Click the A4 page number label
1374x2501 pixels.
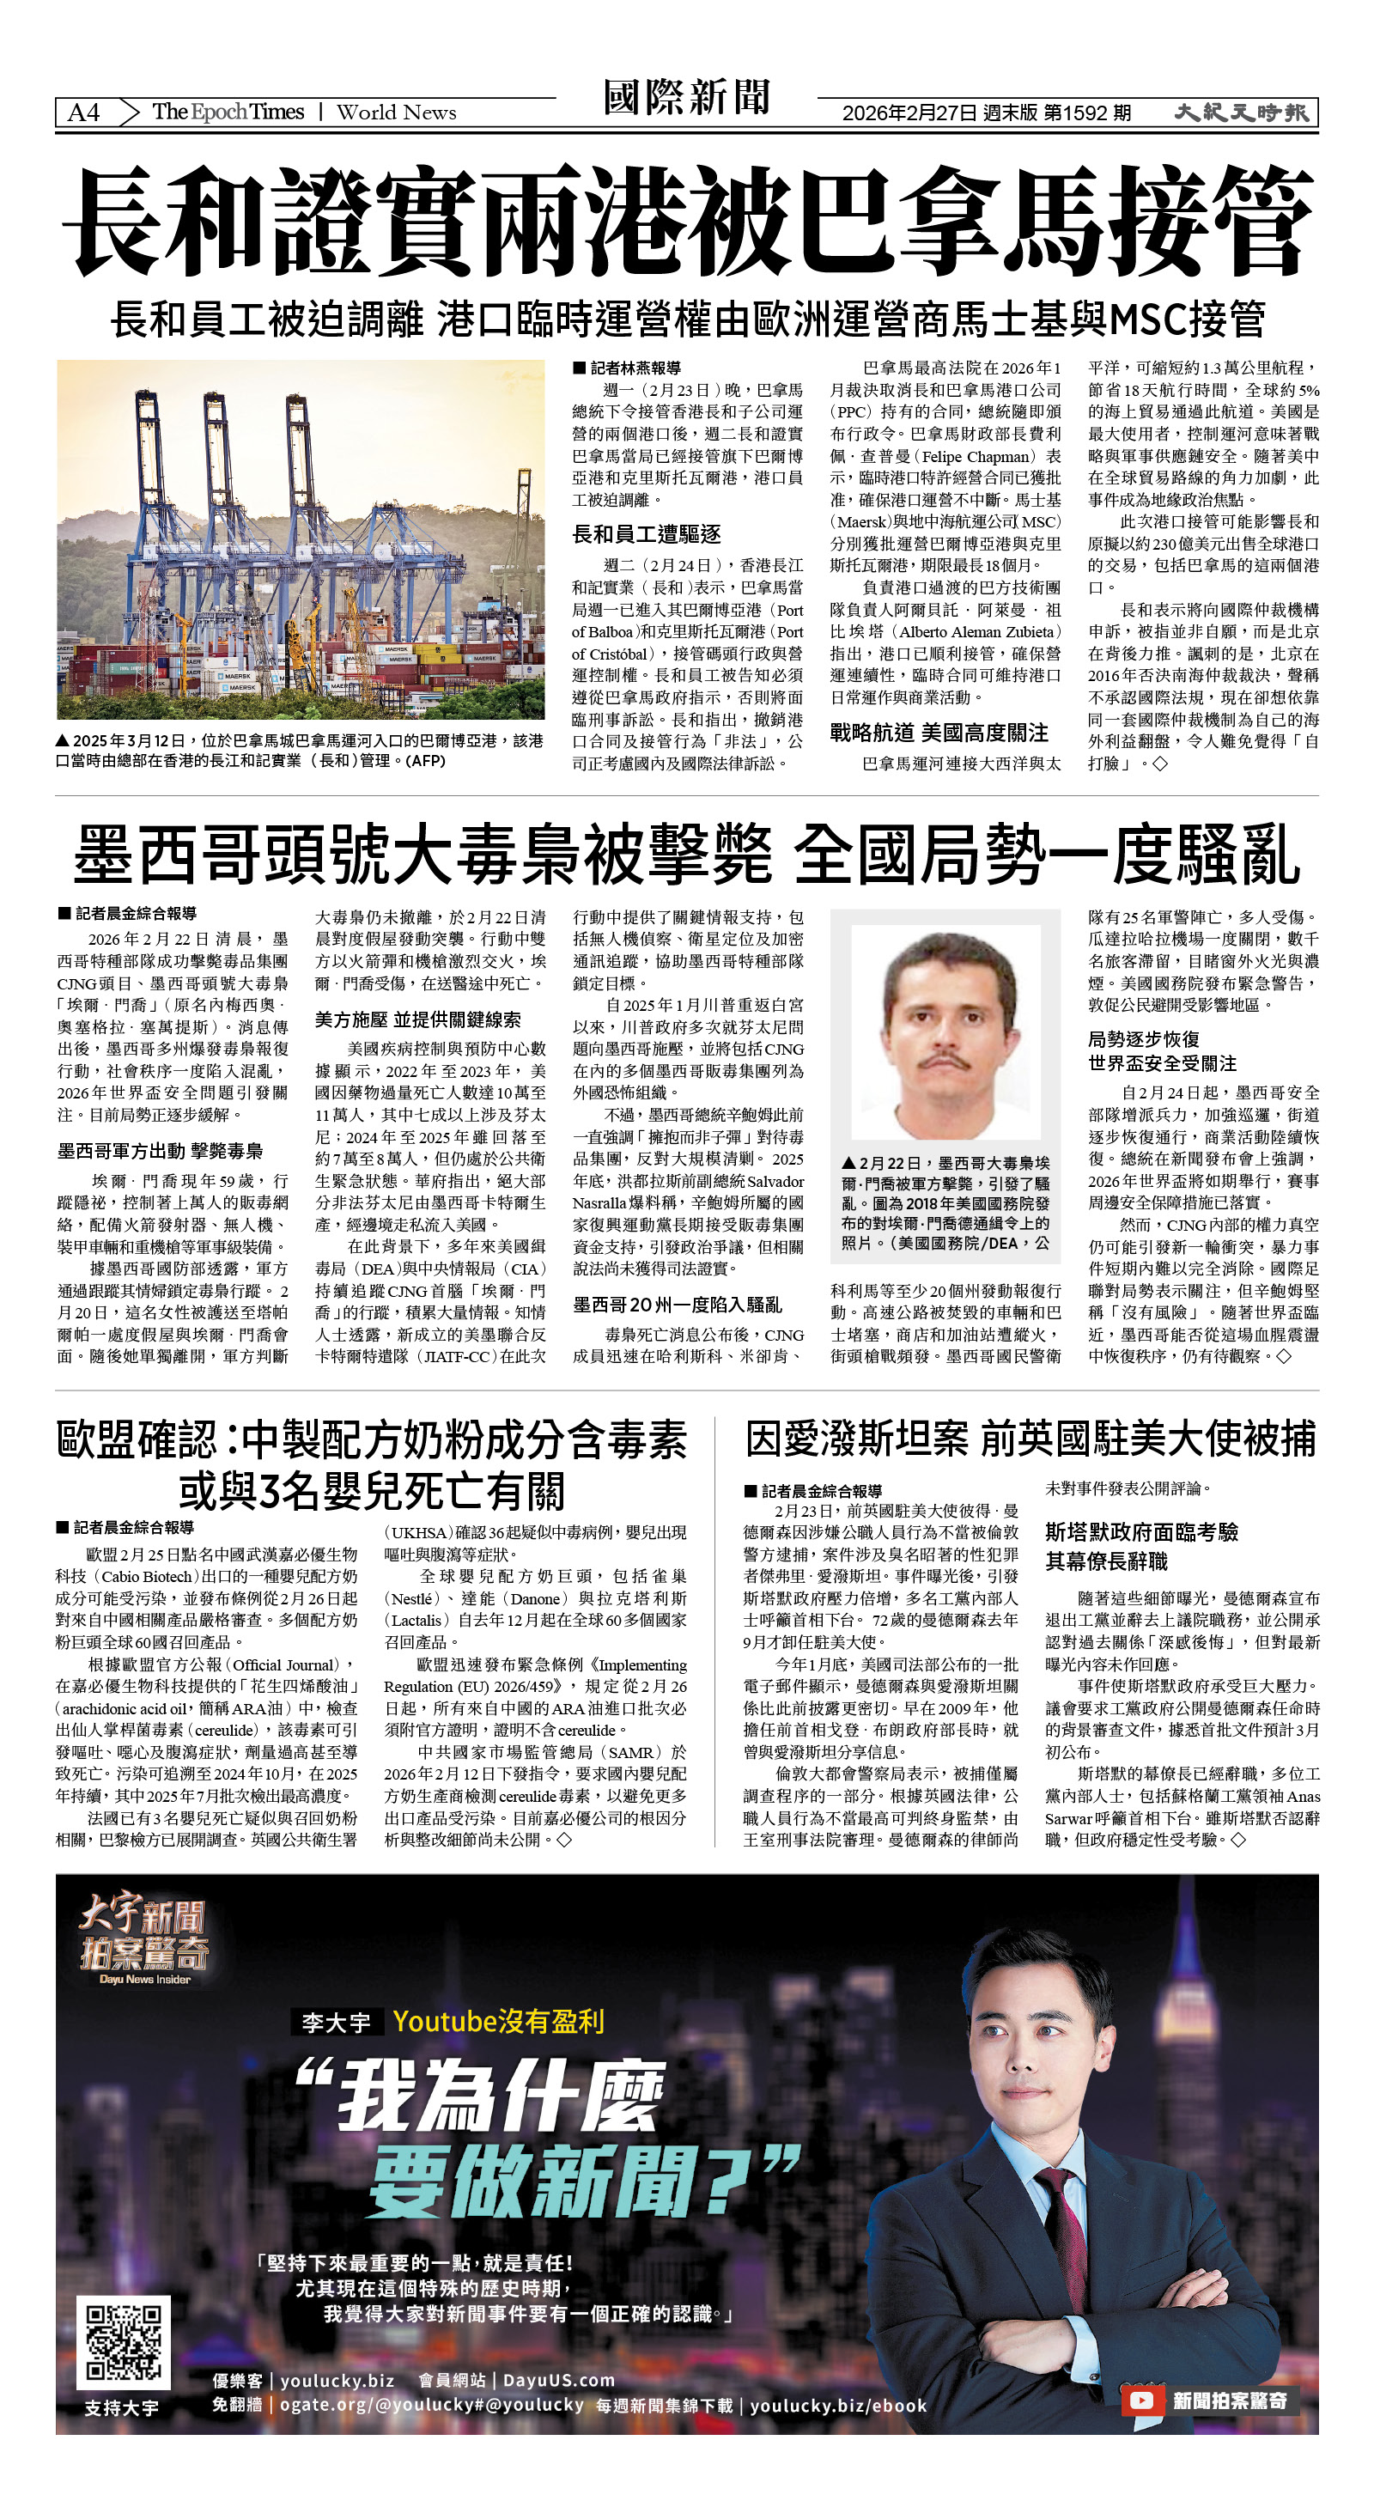(83, 113)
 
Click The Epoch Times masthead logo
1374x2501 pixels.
(228, 112)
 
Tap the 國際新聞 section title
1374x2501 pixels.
(686, 98)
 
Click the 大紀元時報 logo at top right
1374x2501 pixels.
(1240, 113)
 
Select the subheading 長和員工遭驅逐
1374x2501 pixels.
(646, 534)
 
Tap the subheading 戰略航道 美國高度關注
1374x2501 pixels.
(938, 732)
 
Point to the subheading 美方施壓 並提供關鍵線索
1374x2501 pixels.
(417, 1019)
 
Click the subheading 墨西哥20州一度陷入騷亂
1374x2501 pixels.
(677, 1305)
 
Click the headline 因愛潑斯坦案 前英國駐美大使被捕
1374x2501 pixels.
(1030, 1439)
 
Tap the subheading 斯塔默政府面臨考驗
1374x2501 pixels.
(1141, 1532)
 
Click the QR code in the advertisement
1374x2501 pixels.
(124, 2342)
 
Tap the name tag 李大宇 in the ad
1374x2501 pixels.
(336, 2023)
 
